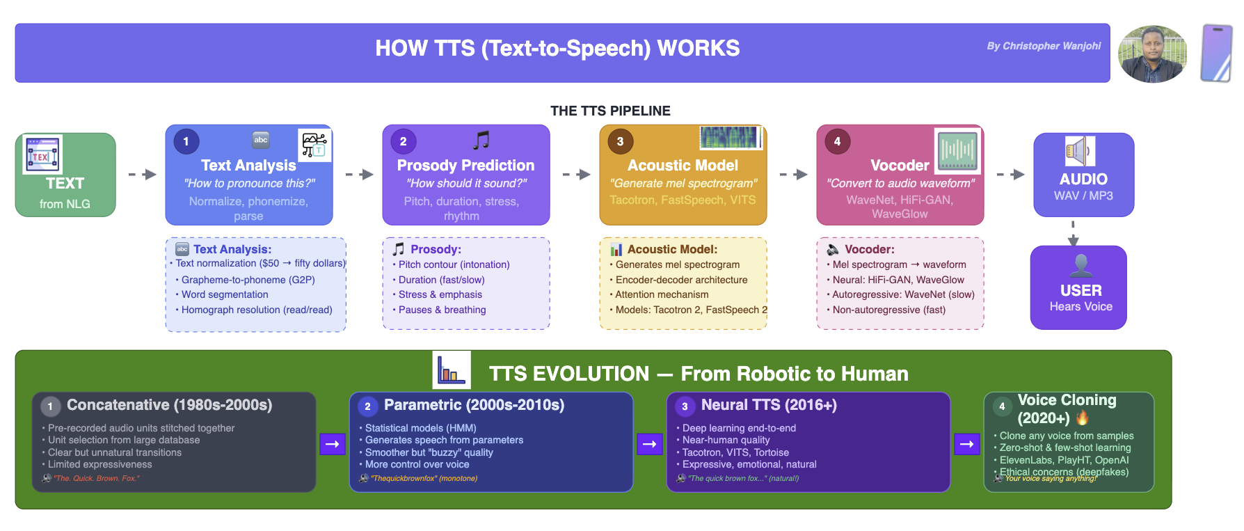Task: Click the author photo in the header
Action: [1152, 54]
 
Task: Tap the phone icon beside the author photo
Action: [1216, 54]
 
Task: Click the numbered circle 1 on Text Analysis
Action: [186, 141]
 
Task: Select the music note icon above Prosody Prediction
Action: [481, 141]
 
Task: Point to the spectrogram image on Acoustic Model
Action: [730, 138]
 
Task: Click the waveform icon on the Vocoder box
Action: [957, 150]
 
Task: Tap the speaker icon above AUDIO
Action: [1080, 151]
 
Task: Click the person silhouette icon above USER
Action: [1080, 265]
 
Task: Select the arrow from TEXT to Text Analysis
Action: [143, 174]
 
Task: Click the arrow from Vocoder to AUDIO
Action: [1011, 174]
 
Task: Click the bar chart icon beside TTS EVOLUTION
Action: [452, 370]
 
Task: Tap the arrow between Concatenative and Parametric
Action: [333, 444]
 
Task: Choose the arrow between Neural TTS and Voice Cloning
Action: [967, 444]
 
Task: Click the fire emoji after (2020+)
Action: [1082, 418]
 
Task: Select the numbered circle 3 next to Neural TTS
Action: [685, 406]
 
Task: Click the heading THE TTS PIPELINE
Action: [610, 111]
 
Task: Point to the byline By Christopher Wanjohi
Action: [1044, 46]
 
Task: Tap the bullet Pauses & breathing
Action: [442, 310]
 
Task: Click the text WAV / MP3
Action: [1083, 196]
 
